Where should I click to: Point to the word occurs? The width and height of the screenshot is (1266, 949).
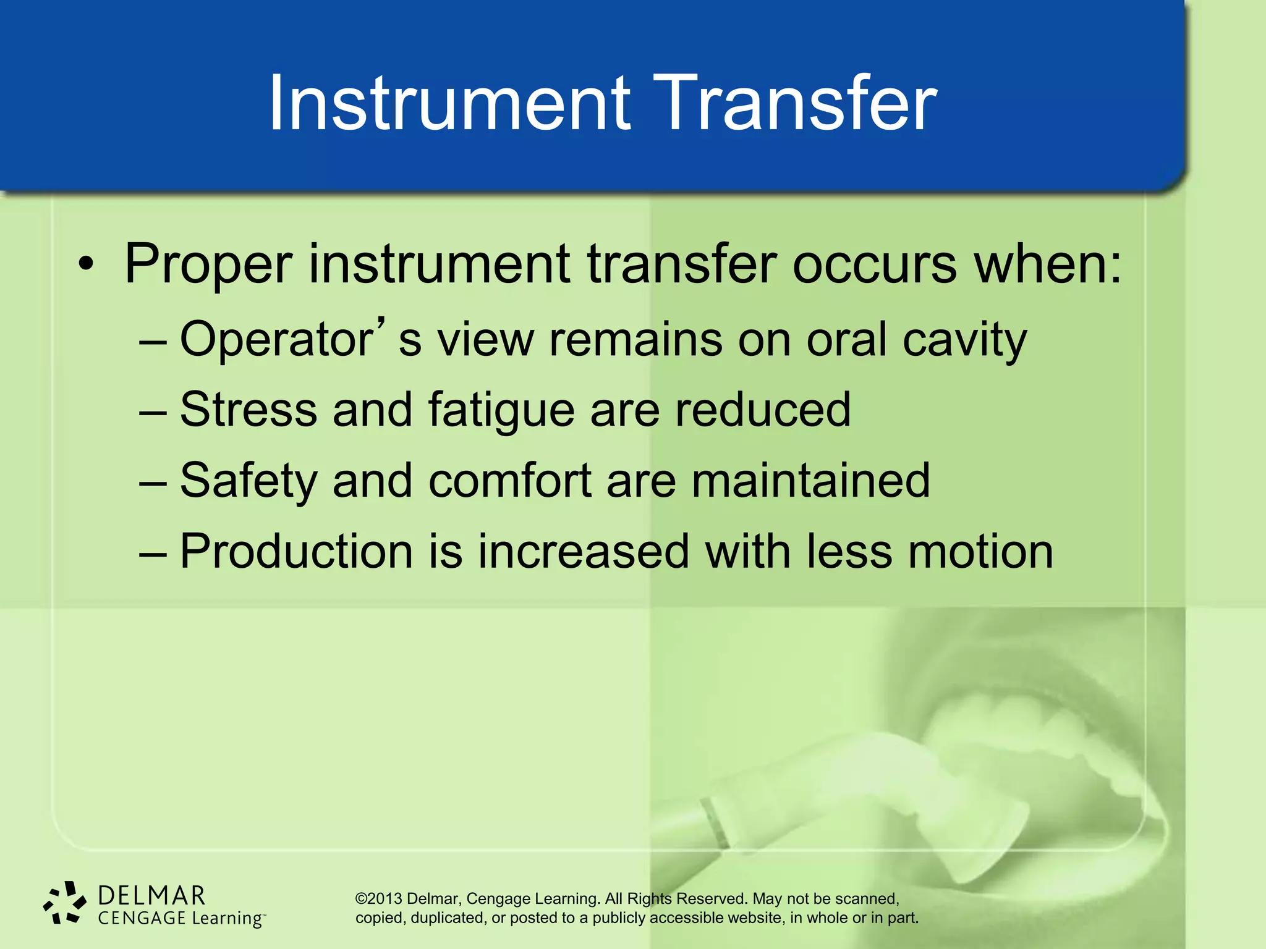pyautogui.click(x=875, y=264)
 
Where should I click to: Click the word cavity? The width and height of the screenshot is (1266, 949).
pyautogui.click(x=964, y=340)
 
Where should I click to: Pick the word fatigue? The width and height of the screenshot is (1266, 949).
pyautogui.click(x=501, y=411)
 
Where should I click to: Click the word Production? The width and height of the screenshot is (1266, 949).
pyautogui.click(x=296, y=551)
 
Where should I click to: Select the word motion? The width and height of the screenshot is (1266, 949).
pyautogui.click(x=980, y=551)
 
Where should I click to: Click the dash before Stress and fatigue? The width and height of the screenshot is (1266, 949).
pyautogui.click(x=153, y=411)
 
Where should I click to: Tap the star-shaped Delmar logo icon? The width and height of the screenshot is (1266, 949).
pyautogui.click(x=64, y=903)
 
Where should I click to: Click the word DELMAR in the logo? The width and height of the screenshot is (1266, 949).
pyautogui.click(x=151, y=896)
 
